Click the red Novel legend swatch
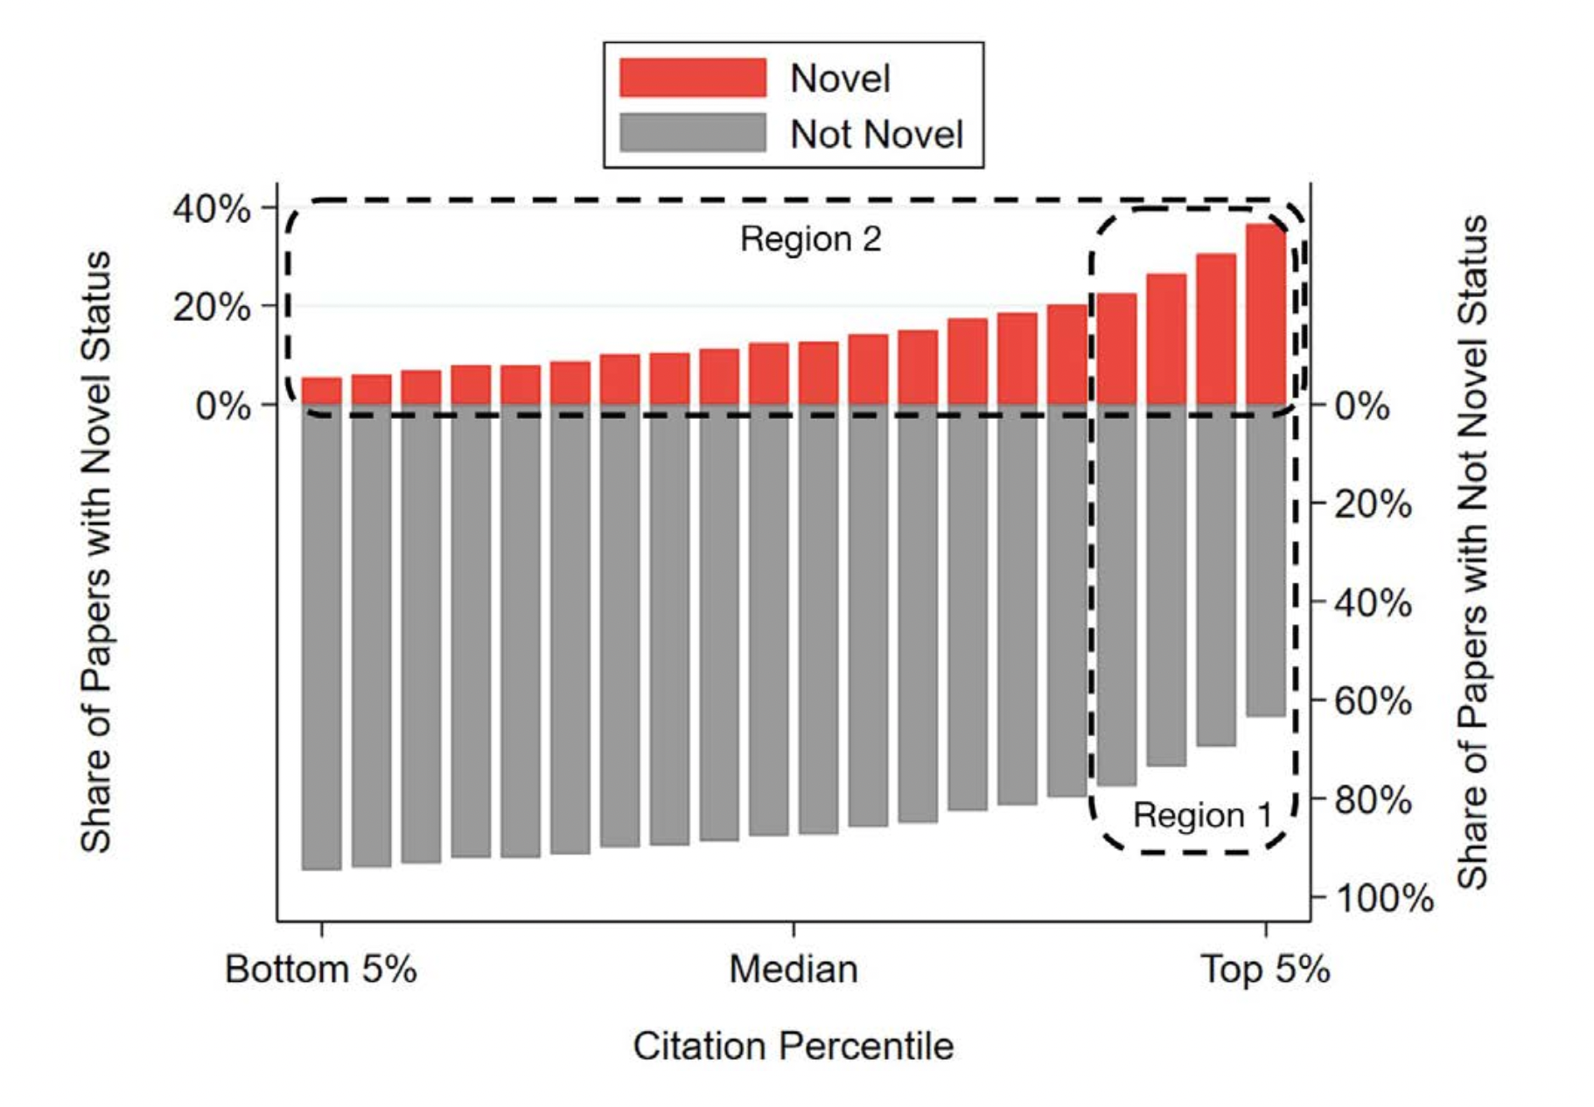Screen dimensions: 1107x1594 click(x=692, y=78)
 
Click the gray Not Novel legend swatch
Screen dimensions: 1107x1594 click(x=692, y=133)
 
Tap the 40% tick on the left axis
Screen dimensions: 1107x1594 click(x=213, y=209)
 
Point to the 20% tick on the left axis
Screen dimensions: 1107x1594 click(x=213, y=308)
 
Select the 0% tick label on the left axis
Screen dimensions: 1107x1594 click(x=223, y=407)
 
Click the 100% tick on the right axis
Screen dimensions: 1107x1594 click(x=1383, y=898)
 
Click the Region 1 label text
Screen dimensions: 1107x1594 click(x=1202, y=815)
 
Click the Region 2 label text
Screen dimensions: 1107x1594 click(x=810, y=239)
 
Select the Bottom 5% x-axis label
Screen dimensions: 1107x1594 click(x=320, y=970)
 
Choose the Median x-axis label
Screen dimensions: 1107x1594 click(x=794, y=970)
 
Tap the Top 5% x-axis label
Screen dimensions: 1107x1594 click(x=1265, y=970)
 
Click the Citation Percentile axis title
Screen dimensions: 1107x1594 click(x=794, y=1046)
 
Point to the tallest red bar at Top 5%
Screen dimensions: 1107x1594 click(x=1266, y=315)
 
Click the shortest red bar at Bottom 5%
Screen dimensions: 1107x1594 click(x=321, y=391)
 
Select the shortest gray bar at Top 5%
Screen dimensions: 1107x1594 click(x=1266, y=560)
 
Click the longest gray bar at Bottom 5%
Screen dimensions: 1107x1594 click(x=321, y=637)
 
